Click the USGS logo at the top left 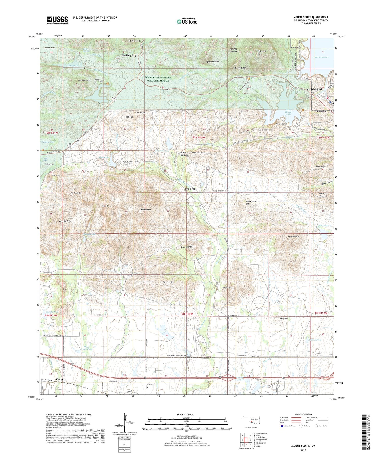click(57, 20)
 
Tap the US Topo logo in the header click(187, 21)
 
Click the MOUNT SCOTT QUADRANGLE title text click(311, 17)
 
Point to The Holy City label click(129, 56)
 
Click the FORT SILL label click(191, 189)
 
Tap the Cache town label click(60, 379)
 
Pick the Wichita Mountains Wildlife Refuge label click(158, 79)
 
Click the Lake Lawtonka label click(320, 57)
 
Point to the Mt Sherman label click(145, 210)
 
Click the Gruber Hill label click(227, 287)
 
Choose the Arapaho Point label click(65, 221)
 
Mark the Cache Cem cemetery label click(151, 385)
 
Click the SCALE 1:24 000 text click(185, 414)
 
